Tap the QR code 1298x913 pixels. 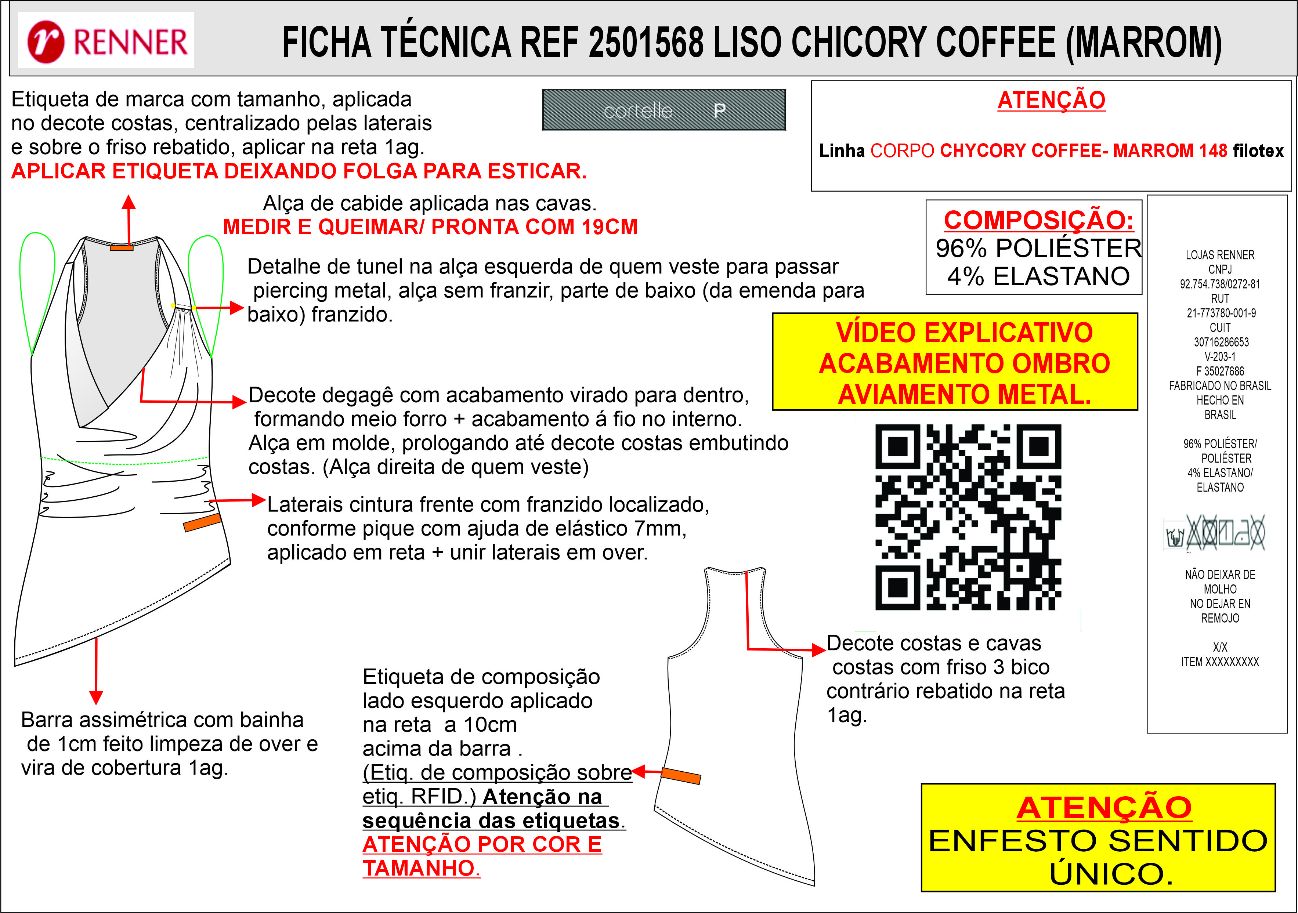pyautogui.click(x=968, y=517)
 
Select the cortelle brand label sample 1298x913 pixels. pyautogui.click(x=664, y=110)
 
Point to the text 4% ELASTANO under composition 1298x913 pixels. pyautogui.click(x=1038, y=276)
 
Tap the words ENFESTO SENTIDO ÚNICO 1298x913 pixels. pyautogui.click(x=1098, y=856)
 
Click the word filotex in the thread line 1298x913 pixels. pyautogui.click(x=1258, y=151)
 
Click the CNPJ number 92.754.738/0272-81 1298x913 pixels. pyautogui.click(x=1220, y=284)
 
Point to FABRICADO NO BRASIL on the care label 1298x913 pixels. pyautogui.click(x=1220, y=385)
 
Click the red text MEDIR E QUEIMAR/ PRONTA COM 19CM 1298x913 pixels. pyautogui.click(x=430, y=227)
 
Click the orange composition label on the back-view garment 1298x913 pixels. pyautogui.click(x=681, y=776)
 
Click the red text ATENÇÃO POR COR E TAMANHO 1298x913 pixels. pyautogui.click(x=482, y=856)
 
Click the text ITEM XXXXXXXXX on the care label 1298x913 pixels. pyautogui.click(x=1220, y=662)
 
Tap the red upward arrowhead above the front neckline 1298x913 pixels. pyautogui.click(x=129, y=202)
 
